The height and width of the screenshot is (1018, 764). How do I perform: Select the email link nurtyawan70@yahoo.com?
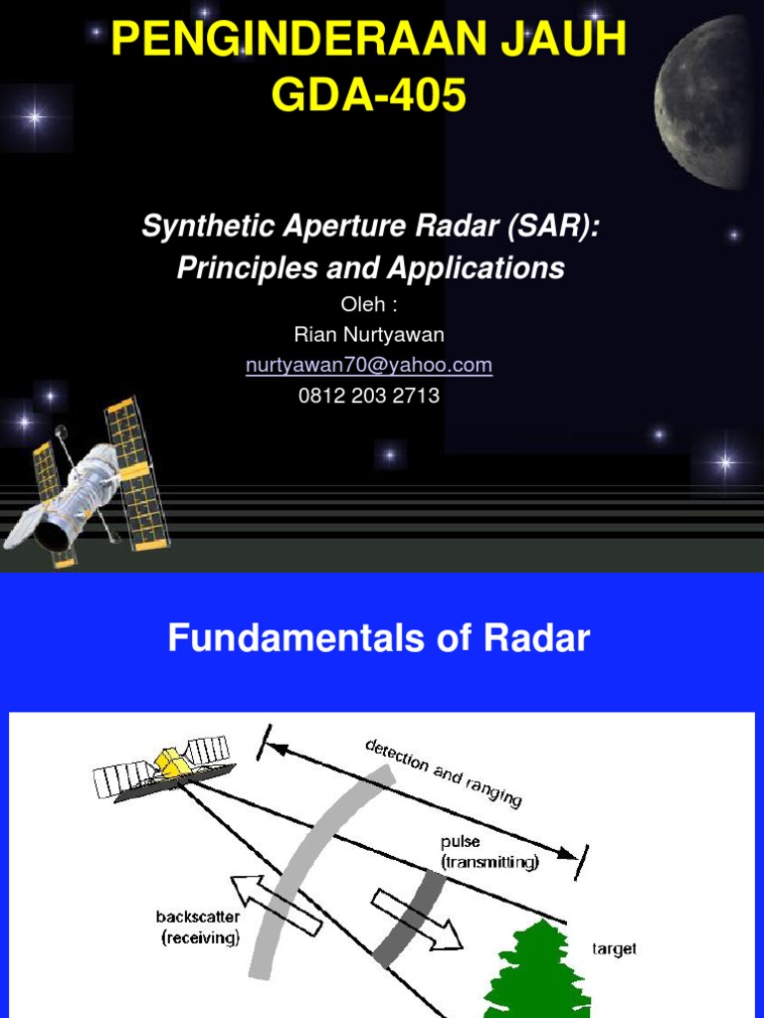(369, 365)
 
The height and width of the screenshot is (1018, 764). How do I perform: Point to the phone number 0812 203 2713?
(369, 395)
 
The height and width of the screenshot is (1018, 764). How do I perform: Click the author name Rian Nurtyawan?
(369, 335)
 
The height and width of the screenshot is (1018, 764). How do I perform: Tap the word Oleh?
(363, 305)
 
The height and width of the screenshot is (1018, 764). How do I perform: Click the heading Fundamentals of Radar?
(379, 638)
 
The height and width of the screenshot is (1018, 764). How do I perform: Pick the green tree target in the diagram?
(537, 970)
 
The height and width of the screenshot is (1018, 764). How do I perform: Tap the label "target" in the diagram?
(614, 949)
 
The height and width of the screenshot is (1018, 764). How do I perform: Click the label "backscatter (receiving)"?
(198, 927)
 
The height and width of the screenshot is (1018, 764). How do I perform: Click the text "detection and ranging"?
(443, 772)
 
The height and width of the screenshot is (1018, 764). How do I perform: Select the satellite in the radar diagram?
(164, 767)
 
